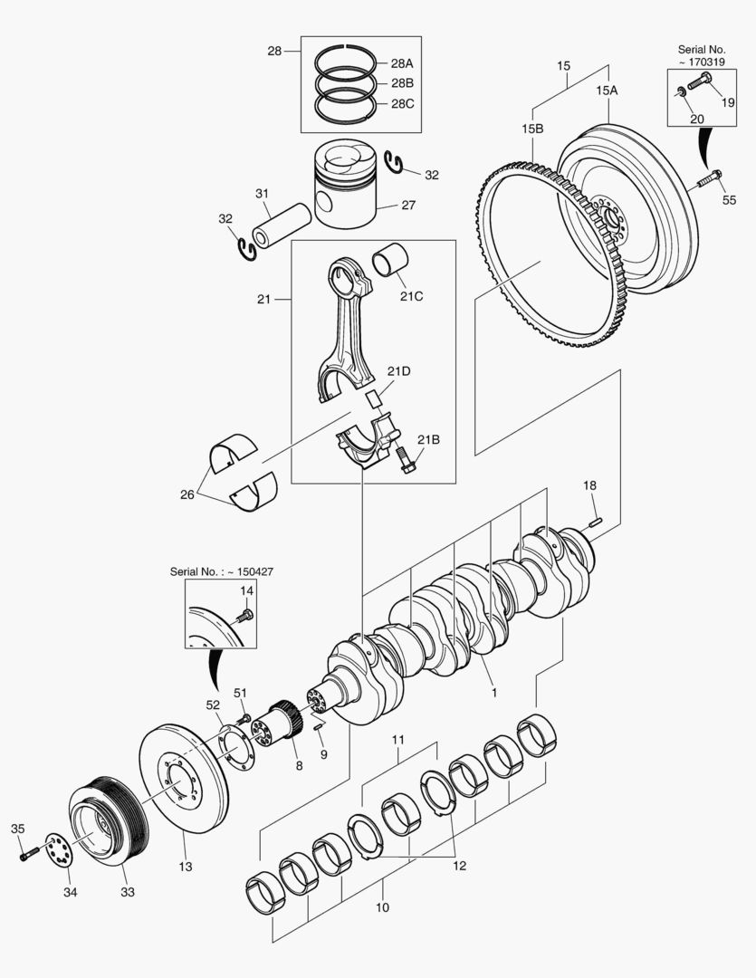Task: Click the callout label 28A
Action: pyautogui.click(x=402, y=63)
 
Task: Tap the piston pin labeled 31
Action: pyautogui.click(x=282, y=225)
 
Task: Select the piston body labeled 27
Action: pyautogui.click(x=346, y=183)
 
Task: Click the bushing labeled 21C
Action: pyautogui.click(x=390, y=260)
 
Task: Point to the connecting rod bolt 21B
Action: pyautogui.click(x=404, y=460)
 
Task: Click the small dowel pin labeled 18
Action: pyautogui.click(x=595, y=522)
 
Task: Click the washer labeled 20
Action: pyautogui.click(x=681, y=93)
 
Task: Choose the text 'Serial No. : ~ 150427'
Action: pyautogui.click(x=222, y=571)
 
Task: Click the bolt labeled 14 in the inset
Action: pyautogui.click(x=244, y=617)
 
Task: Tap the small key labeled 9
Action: pyautogui.click(x=318, y=726)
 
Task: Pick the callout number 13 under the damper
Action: pyautogui.click(x=186, y=866)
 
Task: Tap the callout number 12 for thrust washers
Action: pyautogui.click(x=459, y=866)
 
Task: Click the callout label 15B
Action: pyautogui.click(x=532, y=129)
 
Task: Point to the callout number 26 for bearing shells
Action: pyautogui.click(x=187, y=495)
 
